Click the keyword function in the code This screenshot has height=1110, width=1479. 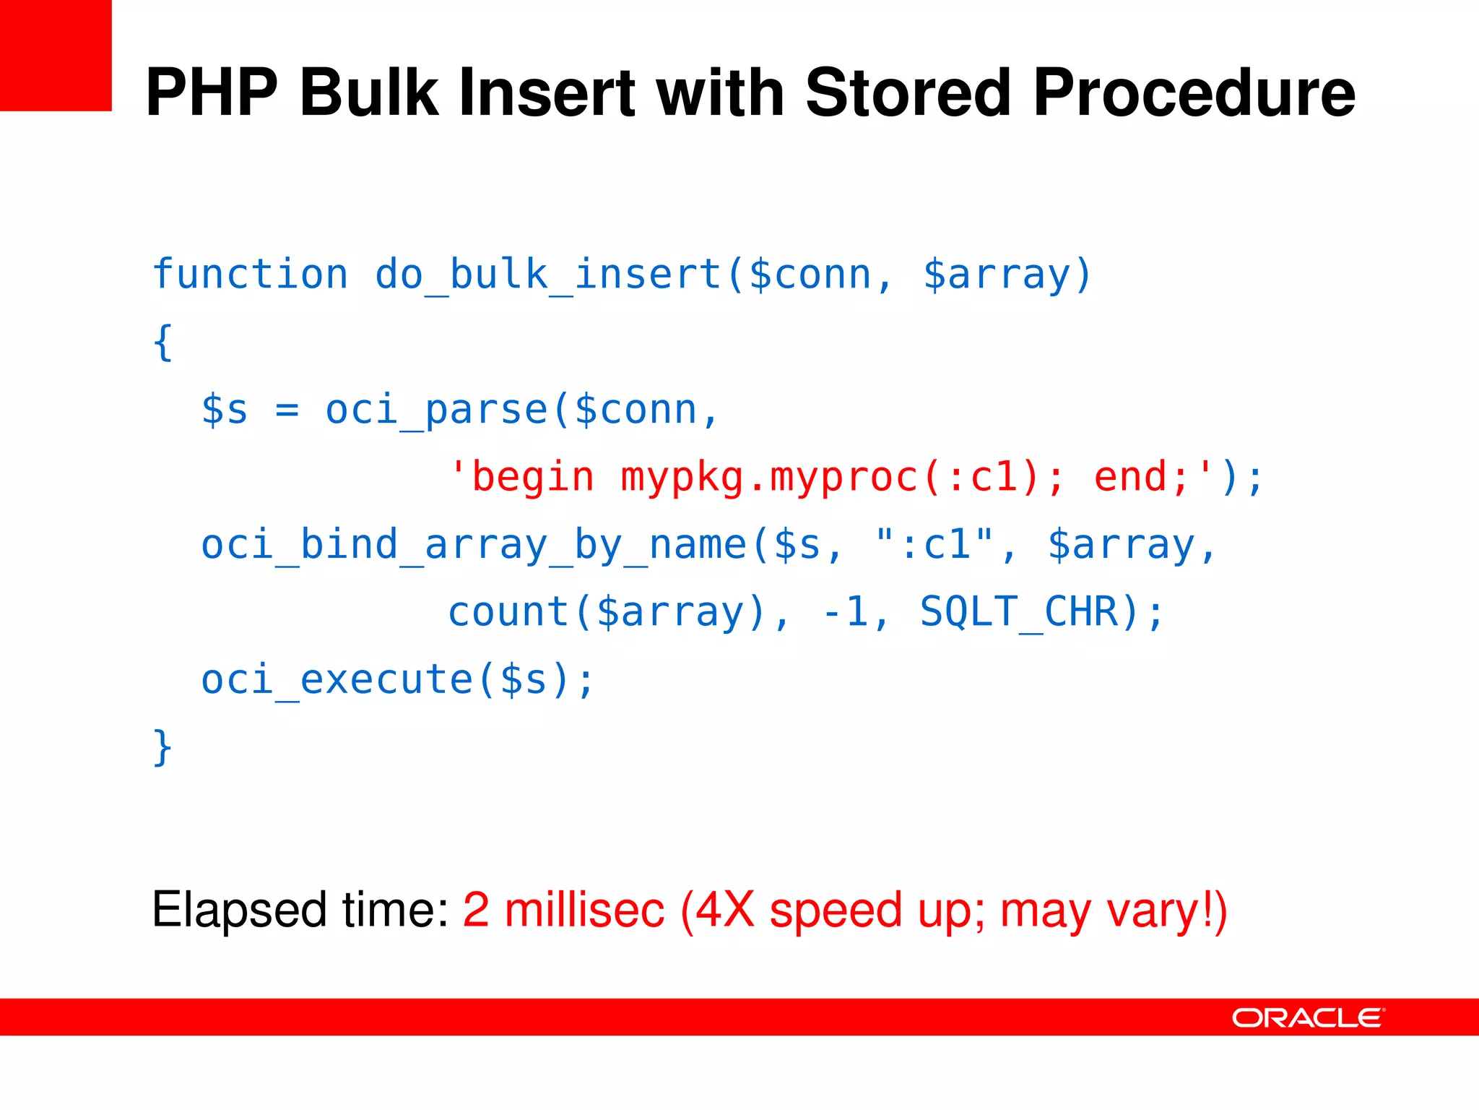pyautogui.click(x=250, y=275)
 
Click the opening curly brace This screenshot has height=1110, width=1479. pyautogui.click(x=162, y=342)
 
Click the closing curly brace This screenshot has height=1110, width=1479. pyautogui.click(x=162, y=747)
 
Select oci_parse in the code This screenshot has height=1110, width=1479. pyautogui.click(x=436, y=410)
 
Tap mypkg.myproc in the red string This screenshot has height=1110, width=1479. pyautogui.click(x=769, y=477)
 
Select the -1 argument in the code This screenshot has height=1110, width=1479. pyautogui.click(x=845, y=612)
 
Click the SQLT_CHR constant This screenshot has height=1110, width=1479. pyautogui.click(x=1020, y=612)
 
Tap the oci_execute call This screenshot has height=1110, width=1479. pyautogui.click(x=337, y=679)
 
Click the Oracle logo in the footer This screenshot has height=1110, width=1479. pyautogui.click(x=1308, y=1017)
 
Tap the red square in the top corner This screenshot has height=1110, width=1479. pyautogui.click(x=56, y=56)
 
